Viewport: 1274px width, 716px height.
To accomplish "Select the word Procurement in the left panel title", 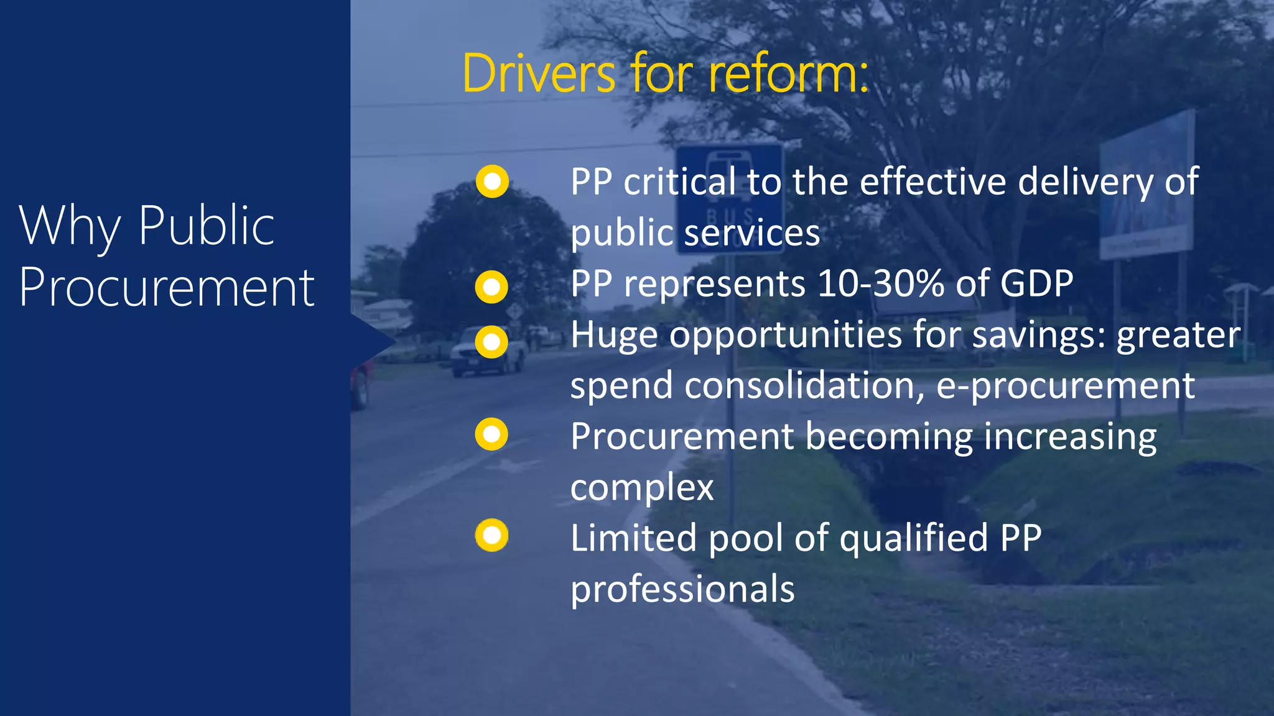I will tap(167, 288).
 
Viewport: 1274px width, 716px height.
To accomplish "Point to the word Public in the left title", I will tap(207, 226).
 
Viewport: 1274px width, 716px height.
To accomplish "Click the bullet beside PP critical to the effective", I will tap(492, 181).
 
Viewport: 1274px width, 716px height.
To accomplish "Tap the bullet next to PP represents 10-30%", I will tap(491, 287).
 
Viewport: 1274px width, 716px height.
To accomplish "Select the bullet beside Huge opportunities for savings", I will tap(491, 342).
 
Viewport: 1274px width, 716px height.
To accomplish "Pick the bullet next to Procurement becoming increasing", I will tap(491, 434).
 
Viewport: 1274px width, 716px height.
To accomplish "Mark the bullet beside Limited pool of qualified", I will tap(491, 535).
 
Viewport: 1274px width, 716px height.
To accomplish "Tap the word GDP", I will tap(1036, 283).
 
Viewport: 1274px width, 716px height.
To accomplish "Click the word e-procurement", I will tap(1065, 387).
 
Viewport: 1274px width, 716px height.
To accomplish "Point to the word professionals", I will tap(682, 589).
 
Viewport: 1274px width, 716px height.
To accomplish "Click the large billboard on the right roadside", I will tap(1146, 186).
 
